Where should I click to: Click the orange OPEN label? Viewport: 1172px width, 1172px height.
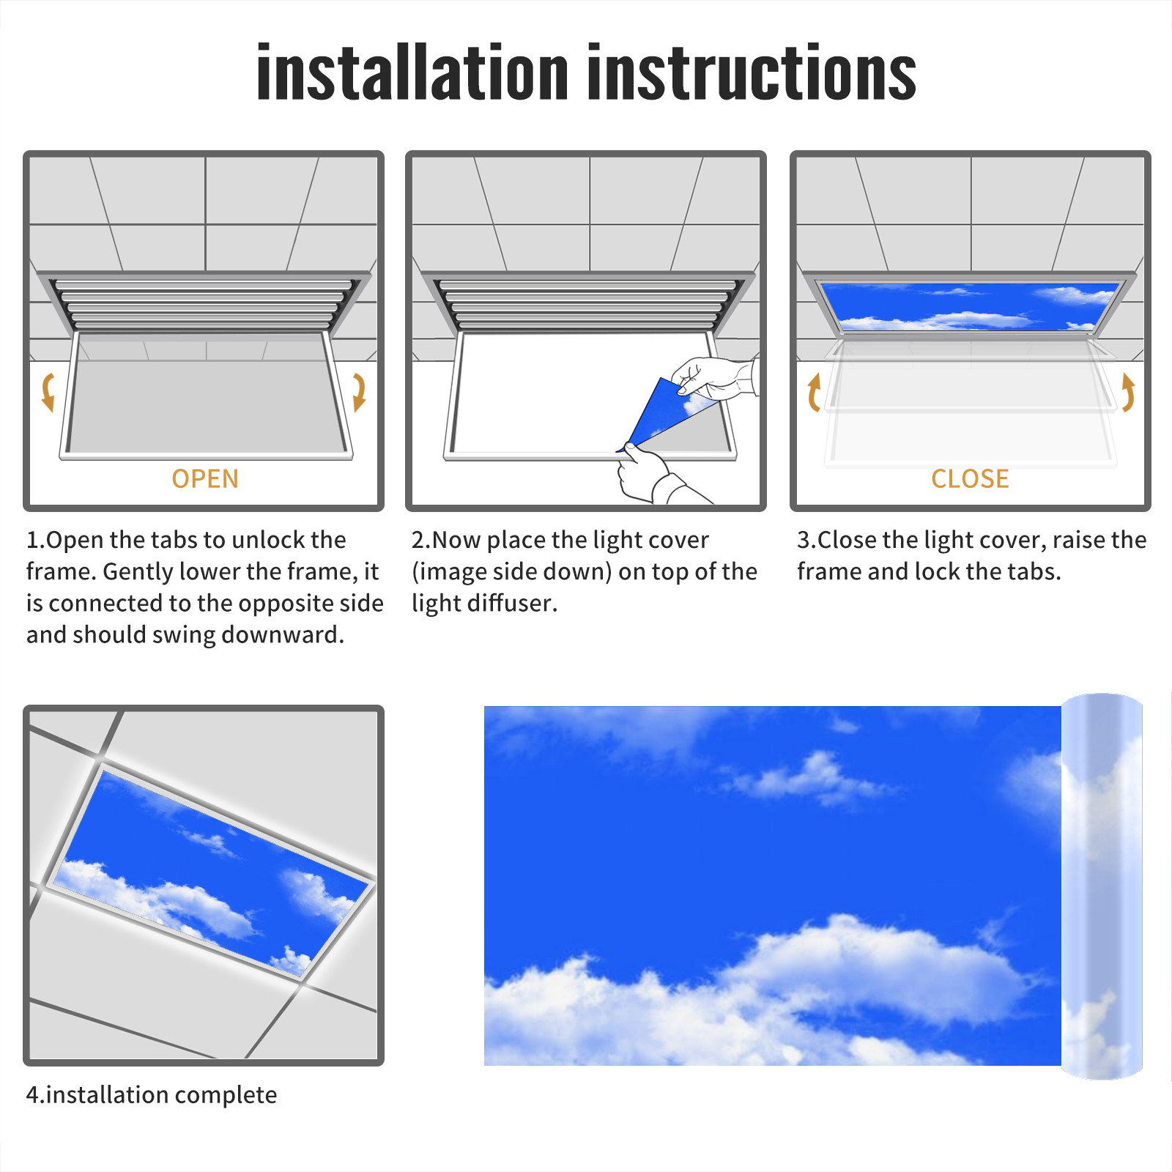coord(205,479)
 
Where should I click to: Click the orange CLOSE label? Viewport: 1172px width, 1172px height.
coord(970,479)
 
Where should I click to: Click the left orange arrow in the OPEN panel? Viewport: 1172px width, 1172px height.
coord(48,392)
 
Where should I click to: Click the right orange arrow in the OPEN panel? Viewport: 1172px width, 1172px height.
coord(359,392)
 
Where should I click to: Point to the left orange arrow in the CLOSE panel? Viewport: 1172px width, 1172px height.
coord(813,392)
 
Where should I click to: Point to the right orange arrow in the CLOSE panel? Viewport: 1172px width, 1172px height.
coord(1129,392)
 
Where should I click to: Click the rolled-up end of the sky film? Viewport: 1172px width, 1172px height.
coord(1102,886)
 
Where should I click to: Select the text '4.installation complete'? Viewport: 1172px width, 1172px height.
coord(152,1094)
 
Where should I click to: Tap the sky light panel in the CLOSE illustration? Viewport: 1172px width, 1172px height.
coord(970,306)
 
